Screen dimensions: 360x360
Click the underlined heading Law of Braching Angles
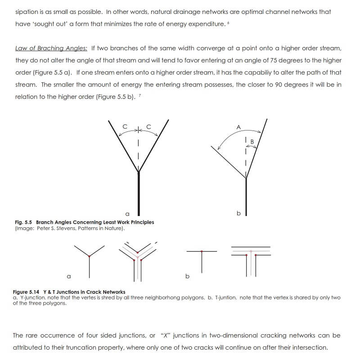click(51, 48)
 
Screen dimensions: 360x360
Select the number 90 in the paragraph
click(279, 84)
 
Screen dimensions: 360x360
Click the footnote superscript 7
click(139, 94)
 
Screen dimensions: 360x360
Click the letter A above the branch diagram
click(238, 127)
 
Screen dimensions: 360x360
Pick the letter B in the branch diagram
click(252, 142)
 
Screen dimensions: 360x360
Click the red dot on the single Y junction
click(90, 256)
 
